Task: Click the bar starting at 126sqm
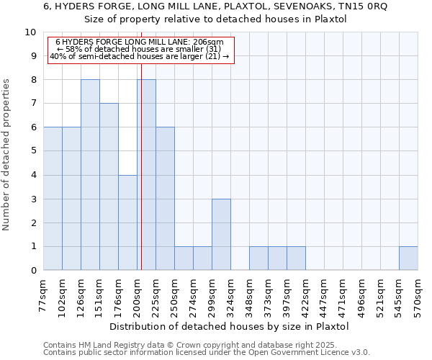(90, 175)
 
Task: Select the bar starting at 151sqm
(109, 186)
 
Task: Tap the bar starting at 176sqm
(127, 222)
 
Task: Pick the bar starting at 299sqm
(221, 234)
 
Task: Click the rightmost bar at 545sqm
(408, 258)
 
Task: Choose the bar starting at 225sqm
(165, 199)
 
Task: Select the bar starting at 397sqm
(296, 258)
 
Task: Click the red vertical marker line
(141, 180)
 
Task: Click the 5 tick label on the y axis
(32, 151)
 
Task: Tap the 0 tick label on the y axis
(32, 270)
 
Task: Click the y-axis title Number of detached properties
(7, 155)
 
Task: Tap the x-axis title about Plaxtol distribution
(231, 326)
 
